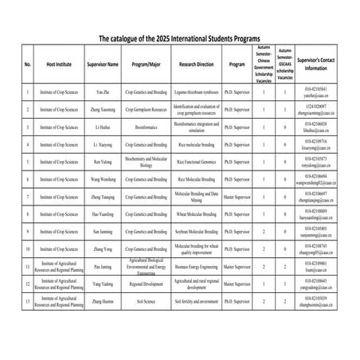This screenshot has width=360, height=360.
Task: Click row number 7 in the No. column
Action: click(28, 197)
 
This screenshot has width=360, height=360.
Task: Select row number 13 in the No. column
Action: click(28, 302)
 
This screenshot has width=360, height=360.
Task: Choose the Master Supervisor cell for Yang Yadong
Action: click(237, 284)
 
